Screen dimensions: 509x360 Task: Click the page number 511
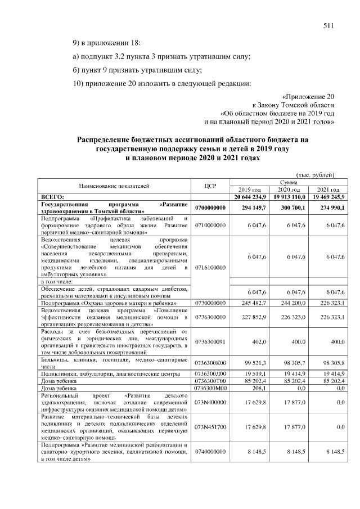pyautogui.click(x=328, y=25)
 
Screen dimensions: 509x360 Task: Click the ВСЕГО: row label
pyautogui.click(x=54, y=196)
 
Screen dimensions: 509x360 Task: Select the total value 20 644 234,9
pyautogui.click(x=251, y=196)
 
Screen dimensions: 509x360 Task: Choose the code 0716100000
pyautogui.click(x=210, y=268)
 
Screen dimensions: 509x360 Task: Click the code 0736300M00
pyautogui.click(x=210, y=388)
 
